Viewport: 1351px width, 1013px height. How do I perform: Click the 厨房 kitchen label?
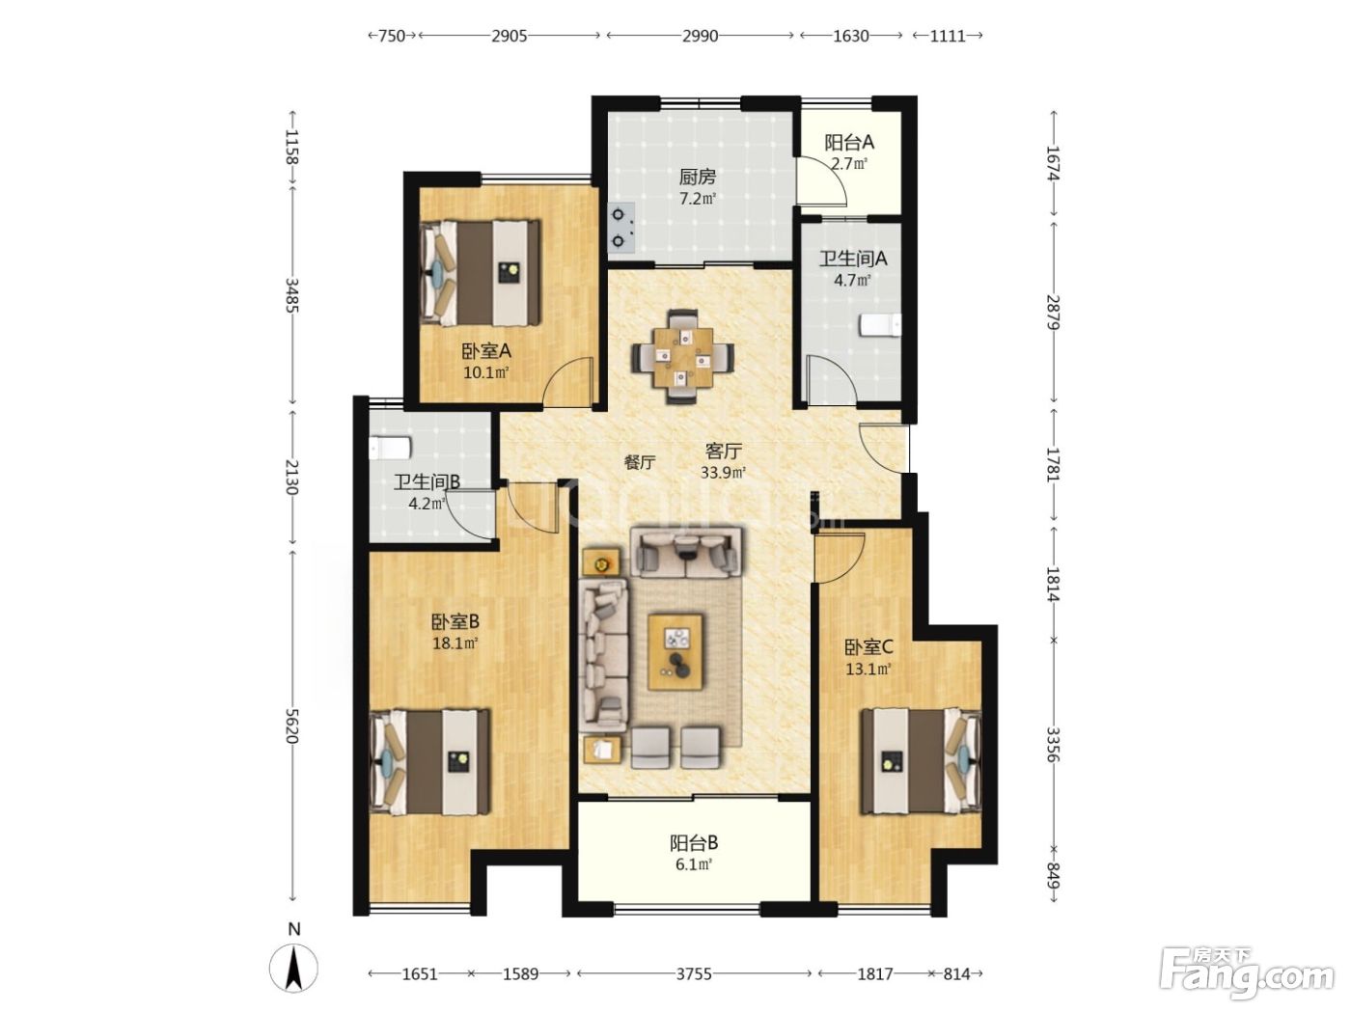click(698, 178)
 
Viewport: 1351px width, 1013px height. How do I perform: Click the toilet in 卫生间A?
click(879, 325)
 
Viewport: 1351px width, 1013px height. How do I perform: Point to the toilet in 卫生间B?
click(390, 448)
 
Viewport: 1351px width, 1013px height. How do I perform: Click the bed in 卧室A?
click(480, 273)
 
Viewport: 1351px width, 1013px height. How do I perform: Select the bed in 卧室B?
click(429, 762)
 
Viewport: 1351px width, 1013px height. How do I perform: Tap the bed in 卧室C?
click(921, 761)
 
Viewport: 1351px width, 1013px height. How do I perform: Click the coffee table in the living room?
click(675, 652)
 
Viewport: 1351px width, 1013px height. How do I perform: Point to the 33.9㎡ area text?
click(723, 473)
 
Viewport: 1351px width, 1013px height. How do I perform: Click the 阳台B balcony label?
click(694, 842)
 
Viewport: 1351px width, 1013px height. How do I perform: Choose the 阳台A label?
click(849, 143)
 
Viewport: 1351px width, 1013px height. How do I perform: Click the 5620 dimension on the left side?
click(291, 726)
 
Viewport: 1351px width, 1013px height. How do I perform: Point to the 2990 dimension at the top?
click(700, 36)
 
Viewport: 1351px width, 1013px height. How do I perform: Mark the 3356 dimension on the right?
click(1053, 744)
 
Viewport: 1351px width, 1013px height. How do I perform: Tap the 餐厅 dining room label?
click(640, 462)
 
